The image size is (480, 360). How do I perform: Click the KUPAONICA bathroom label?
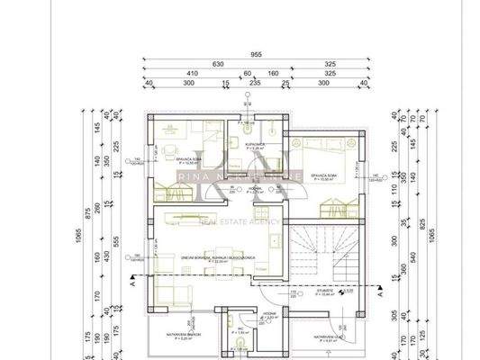coord(254,144)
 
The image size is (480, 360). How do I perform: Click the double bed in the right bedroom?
coord(331,145)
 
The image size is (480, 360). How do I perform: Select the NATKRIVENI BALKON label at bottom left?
coord(181,333)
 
